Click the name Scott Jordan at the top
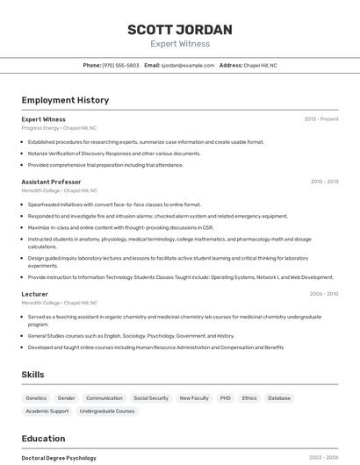(x=180, y=30)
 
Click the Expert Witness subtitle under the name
(x=180, y=43)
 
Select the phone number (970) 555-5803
(x=120, y=65)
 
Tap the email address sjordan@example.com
(x=188, y=65)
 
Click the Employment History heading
(x=65, y=100)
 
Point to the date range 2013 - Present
(x=321, y=119)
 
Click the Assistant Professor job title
(x=51, y=182)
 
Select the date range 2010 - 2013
(x=324, y=182)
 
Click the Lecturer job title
(x=35, y=294)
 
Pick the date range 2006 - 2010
(x=324, y=294)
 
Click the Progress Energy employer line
(x=59, y=128)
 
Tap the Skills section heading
(x=33, y=375)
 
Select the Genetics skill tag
(x=36, y=398)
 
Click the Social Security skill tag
(x=151, y=398)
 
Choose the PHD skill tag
(x=226, y=398)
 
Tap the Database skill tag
(x=279, y=398)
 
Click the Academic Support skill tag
(x=47, y=411)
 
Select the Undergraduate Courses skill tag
(x=107, y=411)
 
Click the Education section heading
(x=43, y=439)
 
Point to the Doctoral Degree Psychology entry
(x=59, y=458)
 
